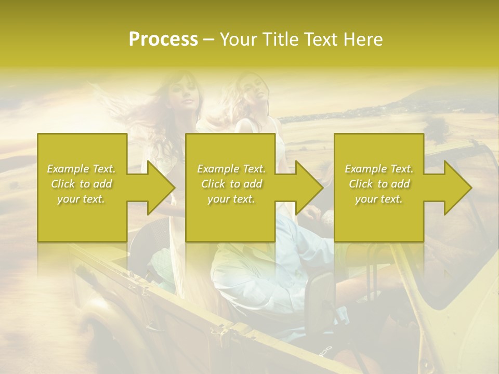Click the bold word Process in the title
(x=163, y=39)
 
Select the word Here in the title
(x=363, y=39)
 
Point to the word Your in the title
(x=239, y=39)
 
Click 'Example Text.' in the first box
(x=82, y=169)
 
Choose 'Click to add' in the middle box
(x=231, y=184)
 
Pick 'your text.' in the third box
(x=379, y=199)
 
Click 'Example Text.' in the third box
(x=379, y=169)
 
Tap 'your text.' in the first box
(x=82, y=199)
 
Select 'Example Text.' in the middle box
(x=231, y=169)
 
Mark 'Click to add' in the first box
(x=82, y=184)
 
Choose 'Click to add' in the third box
(x=379, y=184)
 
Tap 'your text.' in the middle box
(x=231, y=199)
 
